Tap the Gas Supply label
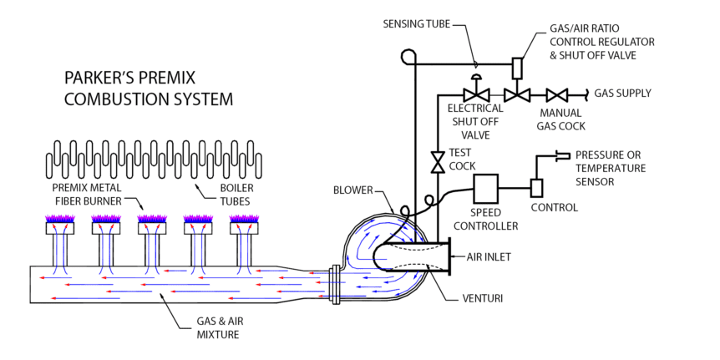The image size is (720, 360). click(622, 93)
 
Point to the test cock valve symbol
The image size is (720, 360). click(437, 161)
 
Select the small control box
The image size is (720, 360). click(536, 189)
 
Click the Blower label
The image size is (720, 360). click(352, 190)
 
